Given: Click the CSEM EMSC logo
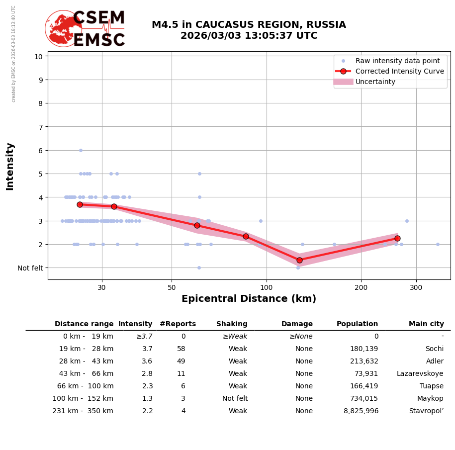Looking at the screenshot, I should click(85, 29).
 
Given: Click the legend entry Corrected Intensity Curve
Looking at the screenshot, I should click(399, 71).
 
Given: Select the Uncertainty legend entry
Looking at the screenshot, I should click(375, 82).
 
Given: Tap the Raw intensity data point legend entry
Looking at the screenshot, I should click(397, 61).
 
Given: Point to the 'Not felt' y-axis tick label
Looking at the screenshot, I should click(30, 268).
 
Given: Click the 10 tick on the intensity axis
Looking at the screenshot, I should click(38, 56).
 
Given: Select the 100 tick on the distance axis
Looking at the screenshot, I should click(266, 287).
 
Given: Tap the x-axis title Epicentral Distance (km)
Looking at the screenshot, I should click(249, 299).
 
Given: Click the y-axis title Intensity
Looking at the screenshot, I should click(10, 166).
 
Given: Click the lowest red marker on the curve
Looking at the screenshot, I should click(299, 260).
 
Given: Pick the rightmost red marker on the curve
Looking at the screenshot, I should click(397, 238).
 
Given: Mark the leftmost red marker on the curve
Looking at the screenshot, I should click(80, 204).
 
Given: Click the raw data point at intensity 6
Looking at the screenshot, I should click(81, 150).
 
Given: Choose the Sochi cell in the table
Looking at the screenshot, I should click(434, 349).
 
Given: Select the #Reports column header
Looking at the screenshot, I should click(178, 324).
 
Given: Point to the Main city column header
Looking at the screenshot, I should click(426, 324).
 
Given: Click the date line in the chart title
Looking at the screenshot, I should click(249, 36).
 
